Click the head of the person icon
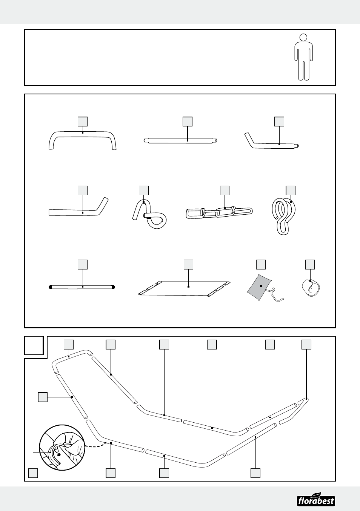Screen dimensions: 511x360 pyautogui.click(x=303, y=37)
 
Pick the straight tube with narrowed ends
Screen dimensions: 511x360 pyautogui.click(x=180, y=141)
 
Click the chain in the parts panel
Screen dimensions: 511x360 pyautogui.click(x=219, y=212)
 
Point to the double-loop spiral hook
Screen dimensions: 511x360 pyautogui.click(x=284, y=215)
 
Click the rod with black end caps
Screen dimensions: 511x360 pyautogui.click(x=82, y=287)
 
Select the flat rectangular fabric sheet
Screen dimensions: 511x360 pyautogui.click(x=184, y=288)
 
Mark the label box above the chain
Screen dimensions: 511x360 pyautogui.click(x=225, y=190)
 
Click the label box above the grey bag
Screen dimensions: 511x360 pyautogui.click(x=261, y=264)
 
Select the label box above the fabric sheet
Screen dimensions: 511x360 pyautogui.click(x=188, y=264)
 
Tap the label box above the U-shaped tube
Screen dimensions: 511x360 pyautogui.click(x=83, y=122)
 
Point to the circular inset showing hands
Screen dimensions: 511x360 pyautogui.click(x=62, y=447)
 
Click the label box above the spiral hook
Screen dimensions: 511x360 pyautogui.click(x=291, y=190)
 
